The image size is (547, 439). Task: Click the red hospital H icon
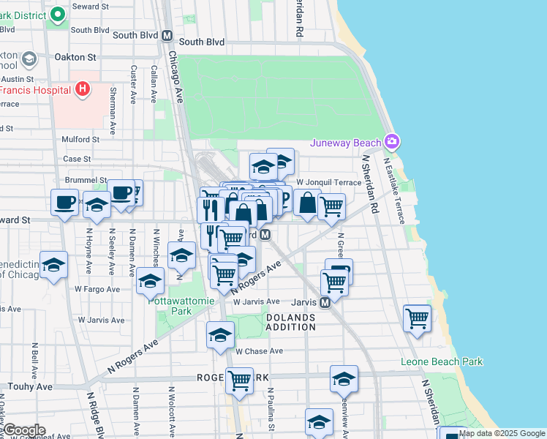[83, 89]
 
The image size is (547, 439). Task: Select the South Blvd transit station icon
[167, 35]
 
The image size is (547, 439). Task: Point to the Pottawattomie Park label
[170, 305]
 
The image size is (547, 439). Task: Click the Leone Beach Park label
[442, 361]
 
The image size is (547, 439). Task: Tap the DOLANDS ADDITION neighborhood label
[290, 322]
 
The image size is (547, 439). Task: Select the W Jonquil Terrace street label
[328, 182]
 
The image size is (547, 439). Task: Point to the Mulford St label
[80, 139]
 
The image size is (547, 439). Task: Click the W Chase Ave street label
[259, 351]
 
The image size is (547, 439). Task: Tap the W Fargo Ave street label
[97, 289]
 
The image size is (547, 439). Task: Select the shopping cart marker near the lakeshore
[417, 318]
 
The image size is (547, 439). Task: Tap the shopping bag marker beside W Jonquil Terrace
[308, 203]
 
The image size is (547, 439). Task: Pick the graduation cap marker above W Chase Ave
[220, 335]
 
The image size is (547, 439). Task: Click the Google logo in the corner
[24, 430]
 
